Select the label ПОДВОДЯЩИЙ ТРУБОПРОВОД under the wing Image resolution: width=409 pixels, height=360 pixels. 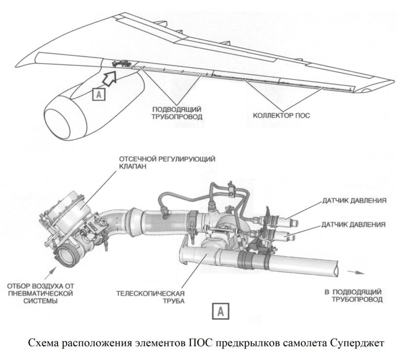[177, 113]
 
